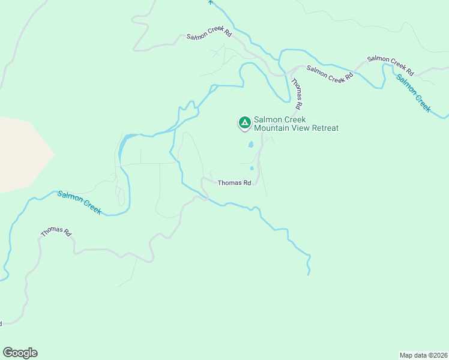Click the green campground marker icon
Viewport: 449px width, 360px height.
(244, 123)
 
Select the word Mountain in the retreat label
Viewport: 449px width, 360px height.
(272, 128)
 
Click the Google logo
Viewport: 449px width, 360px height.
(20, 353)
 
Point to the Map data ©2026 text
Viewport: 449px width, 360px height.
(423, 355)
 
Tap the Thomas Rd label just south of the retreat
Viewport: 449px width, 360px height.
(234, 183)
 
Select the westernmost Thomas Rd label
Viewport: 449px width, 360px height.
(56, 231)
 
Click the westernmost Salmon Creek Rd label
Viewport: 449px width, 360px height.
(209, 34)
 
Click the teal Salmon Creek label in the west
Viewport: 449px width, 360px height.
(79, 202)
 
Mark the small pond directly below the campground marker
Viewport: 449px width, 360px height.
(251, 145)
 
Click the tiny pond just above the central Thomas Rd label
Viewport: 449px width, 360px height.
(252, 168)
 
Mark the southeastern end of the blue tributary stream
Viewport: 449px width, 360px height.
(309, 274)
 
